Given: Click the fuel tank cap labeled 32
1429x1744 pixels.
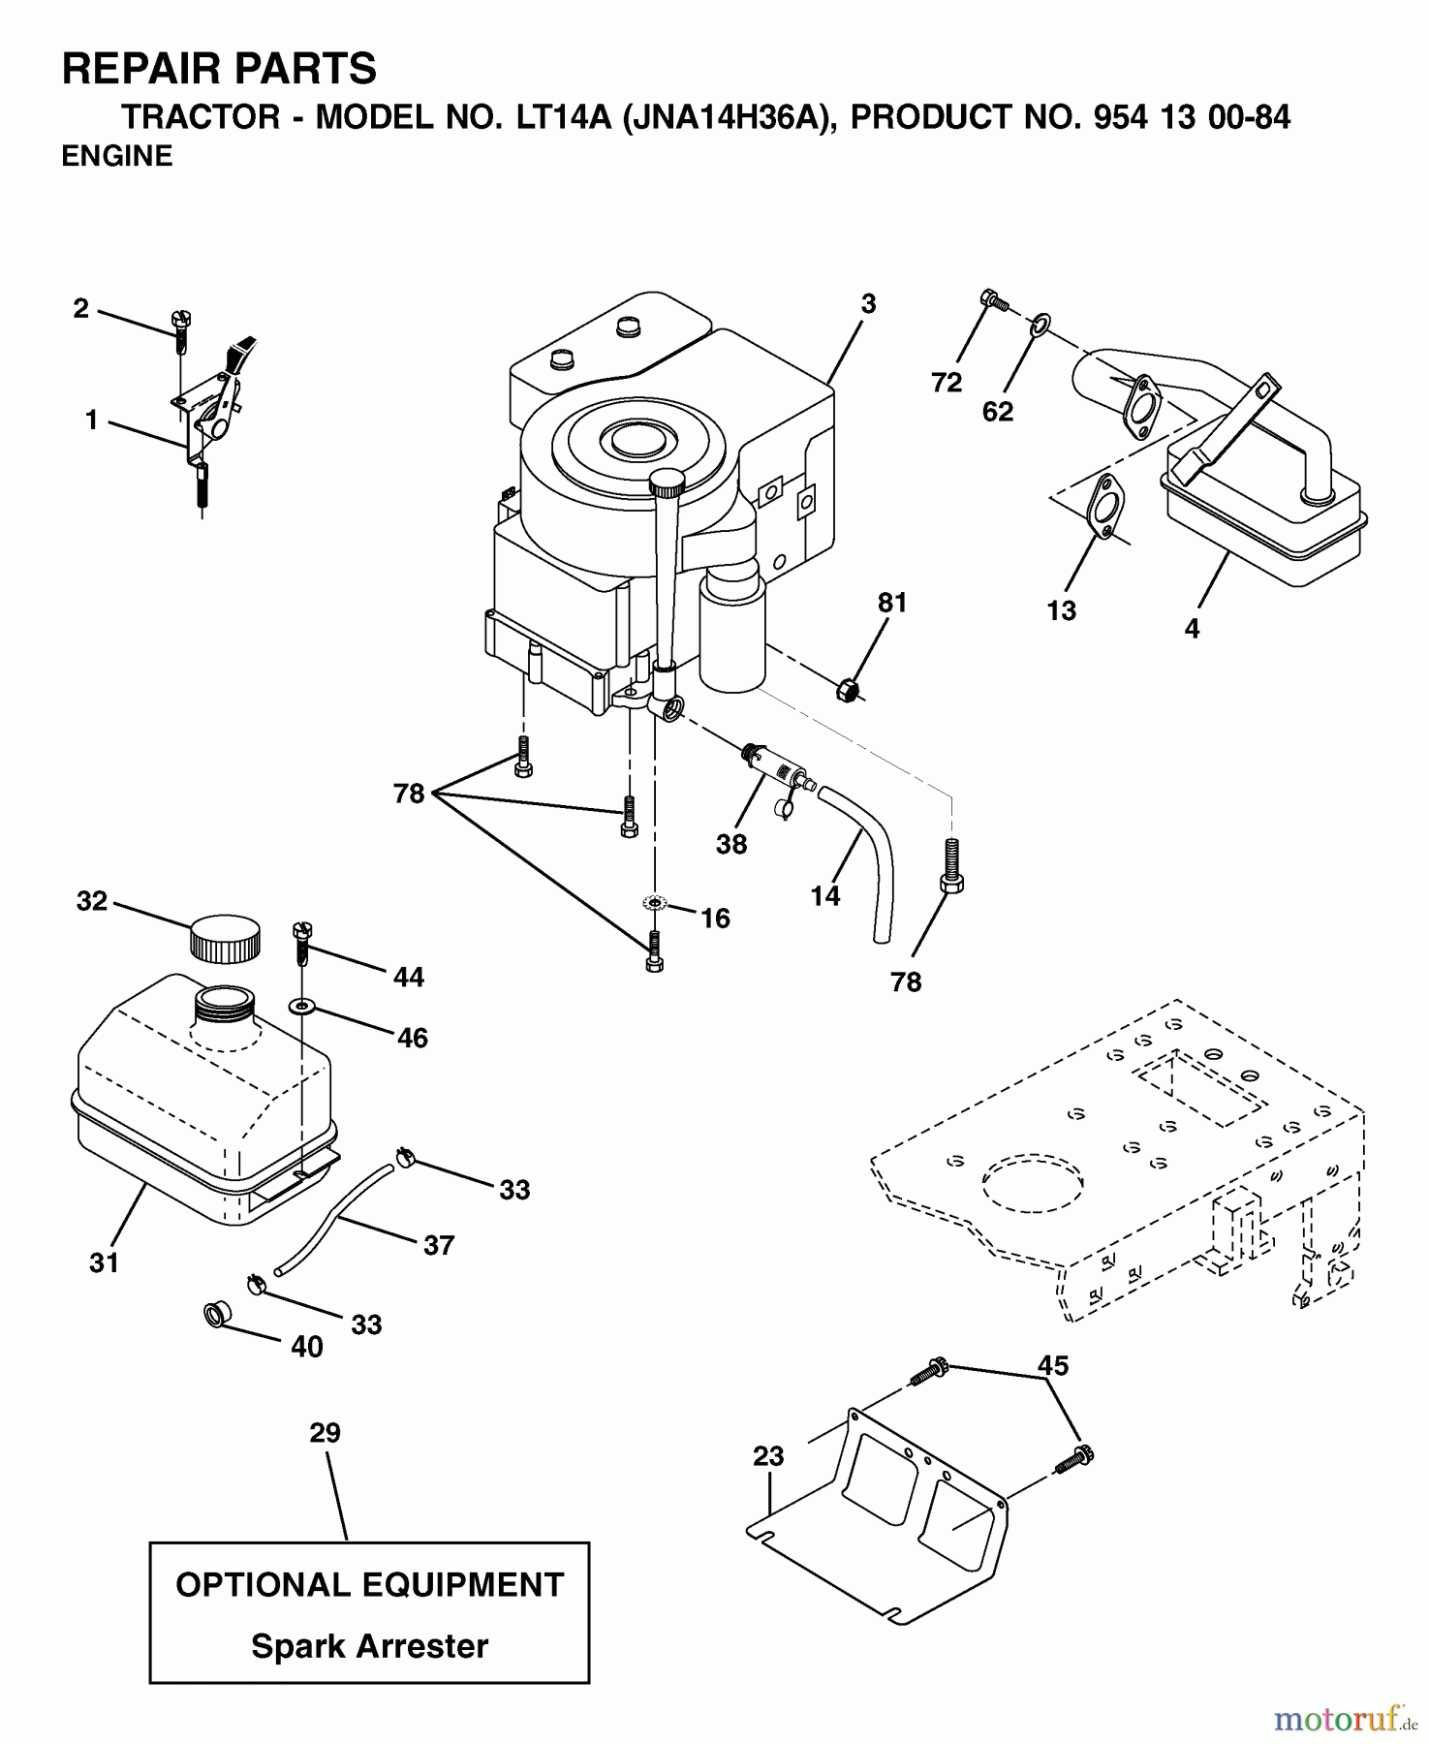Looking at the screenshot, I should pos(225,936).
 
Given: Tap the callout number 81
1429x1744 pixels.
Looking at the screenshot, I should pos(892,603).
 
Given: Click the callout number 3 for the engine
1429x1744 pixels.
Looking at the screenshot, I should pos(868,304).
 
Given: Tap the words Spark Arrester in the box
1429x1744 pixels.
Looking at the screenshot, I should pos(369,1646).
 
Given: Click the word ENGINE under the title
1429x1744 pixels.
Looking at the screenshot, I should pos(117,156).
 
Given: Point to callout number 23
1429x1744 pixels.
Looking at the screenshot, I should pos(767,1456).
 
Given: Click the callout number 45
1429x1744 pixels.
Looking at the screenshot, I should pos(1052,1365).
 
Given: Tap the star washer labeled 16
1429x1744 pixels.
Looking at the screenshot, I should pos(655,903).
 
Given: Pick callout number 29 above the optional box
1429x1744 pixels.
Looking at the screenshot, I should pos(326,1433).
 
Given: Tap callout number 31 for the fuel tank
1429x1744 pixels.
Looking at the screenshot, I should pos(104,1262).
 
